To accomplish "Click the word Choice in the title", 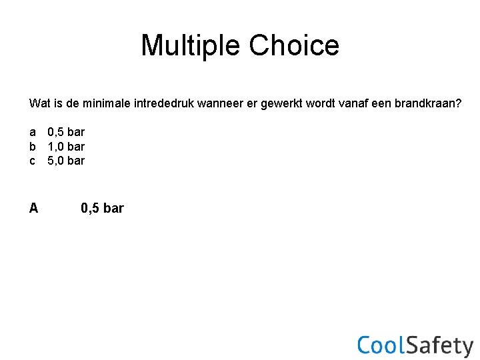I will (294, 45).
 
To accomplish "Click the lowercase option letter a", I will (33, 132).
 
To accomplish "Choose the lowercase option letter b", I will (33, 146).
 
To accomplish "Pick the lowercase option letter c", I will (33, 160).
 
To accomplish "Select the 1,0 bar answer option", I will (66, 146).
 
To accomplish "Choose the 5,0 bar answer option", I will (66, 160).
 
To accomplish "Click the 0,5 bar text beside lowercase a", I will (66, 132).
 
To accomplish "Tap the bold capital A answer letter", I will (33, 208).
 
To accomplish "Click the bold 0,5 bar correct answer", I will (102, 208).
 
